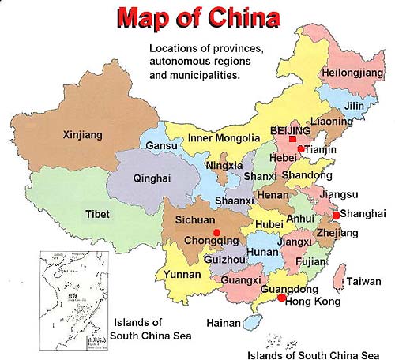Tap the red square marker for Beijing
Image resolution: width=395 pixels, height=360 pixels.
pyautogui.click(x=292, y=139)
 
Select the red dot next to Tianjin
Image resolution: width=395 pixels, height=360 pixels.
pyautogui.click(x=301, y=148)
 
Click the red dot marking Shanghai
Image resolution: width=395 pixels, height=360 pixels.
pyautogui.click(x=336, y=215)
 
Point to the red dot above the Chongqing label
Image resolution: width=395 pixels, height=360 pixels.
pyautogui.click(x=217, y=231)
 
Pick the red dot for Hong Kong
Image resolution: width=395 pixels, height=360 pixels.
pyautogui.click(x=282, y=298)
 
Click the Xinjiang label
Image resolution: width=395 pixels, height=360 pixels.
pyautogui.click(x=83, y=136)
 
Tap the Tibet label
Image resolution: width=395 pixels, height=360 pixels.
pyautogui.click(x=98, y=213)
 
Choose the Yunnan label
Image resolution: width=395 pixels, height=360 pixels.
pyautogui.click(x=182, y=275)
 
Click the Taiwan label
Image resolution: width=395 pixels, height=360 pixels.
pyautogui.click(x=364, y=281)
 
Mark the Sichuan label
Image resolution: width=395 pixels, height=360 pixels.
pyautogui.click(x=195, y=220)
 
